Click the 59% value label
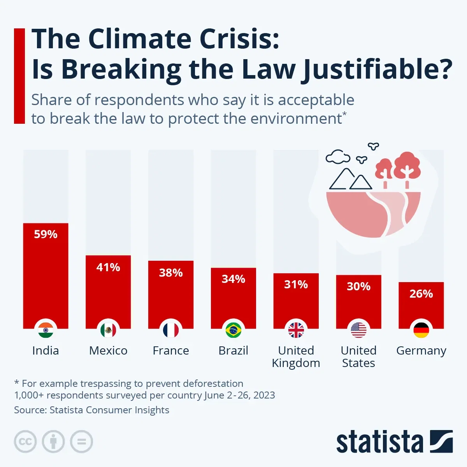point(46,234)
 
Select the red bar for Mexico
point(108,296)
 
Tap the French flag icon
point(171,330)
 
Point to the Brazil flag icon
point(233,330)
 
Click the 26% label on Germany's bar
point(421,294)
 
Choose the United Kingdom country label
point(296,356)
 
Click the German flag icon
point(421,330)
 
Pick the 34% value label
point(233,279)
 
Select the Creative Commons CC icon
point(25,442)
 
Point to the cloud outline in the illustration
point(338,157)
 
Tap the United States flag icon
point(358,330)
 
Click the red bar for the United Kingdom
point(296,305)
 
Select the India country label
point(46,351)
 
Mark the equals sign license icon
point(81,442)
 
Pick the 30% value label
point(358,286)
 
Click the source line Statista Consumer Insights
point(91,410)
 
